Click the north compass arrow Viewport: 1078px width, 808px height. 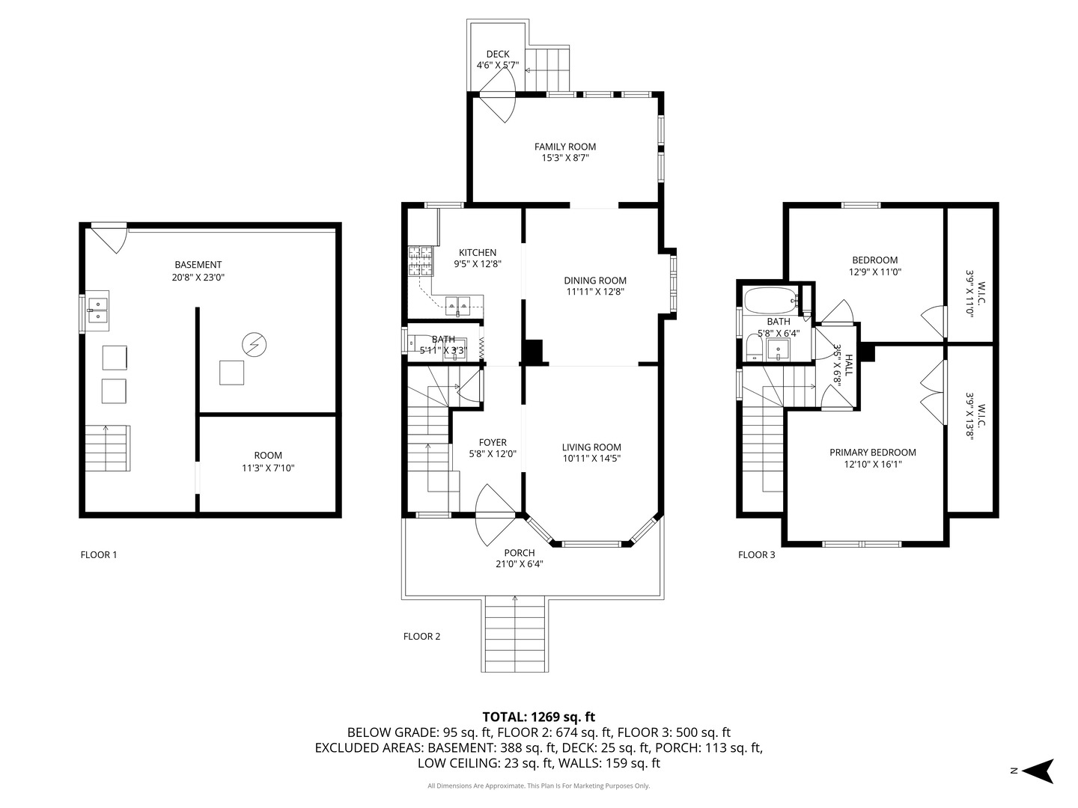click(1039, 771)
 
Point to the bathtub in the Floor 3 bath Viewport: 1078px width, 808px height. click(770, 301)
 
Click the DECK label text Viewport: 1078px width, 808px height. click(498, 54)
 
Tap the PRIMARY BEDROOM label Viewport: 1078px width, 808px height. click(872, 452)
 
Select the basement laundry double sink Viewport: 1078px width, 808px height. click(97, 310)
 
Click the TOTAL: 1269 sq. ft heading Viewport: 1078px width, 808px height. click(539, 717)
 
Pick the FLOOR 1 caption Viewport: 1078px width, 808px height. click(99, 554)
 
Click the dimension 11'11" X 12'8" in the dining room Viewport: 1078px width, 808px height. click(595, 293)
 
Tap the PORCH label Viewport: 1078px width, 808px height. click(520, 553)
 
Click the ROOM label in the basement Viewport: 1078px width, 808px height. click(268, 455)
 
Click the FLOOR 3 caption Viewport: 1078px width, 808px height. click(757, 554)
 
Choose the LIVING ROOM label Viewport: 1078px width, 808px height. click(591, 447)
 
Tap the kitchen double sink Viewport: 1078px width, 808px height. click(457, 304)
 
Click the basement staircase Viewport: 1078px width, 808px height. click(106, 447)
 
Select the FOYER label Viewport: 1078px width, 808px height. click(493, 442)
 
